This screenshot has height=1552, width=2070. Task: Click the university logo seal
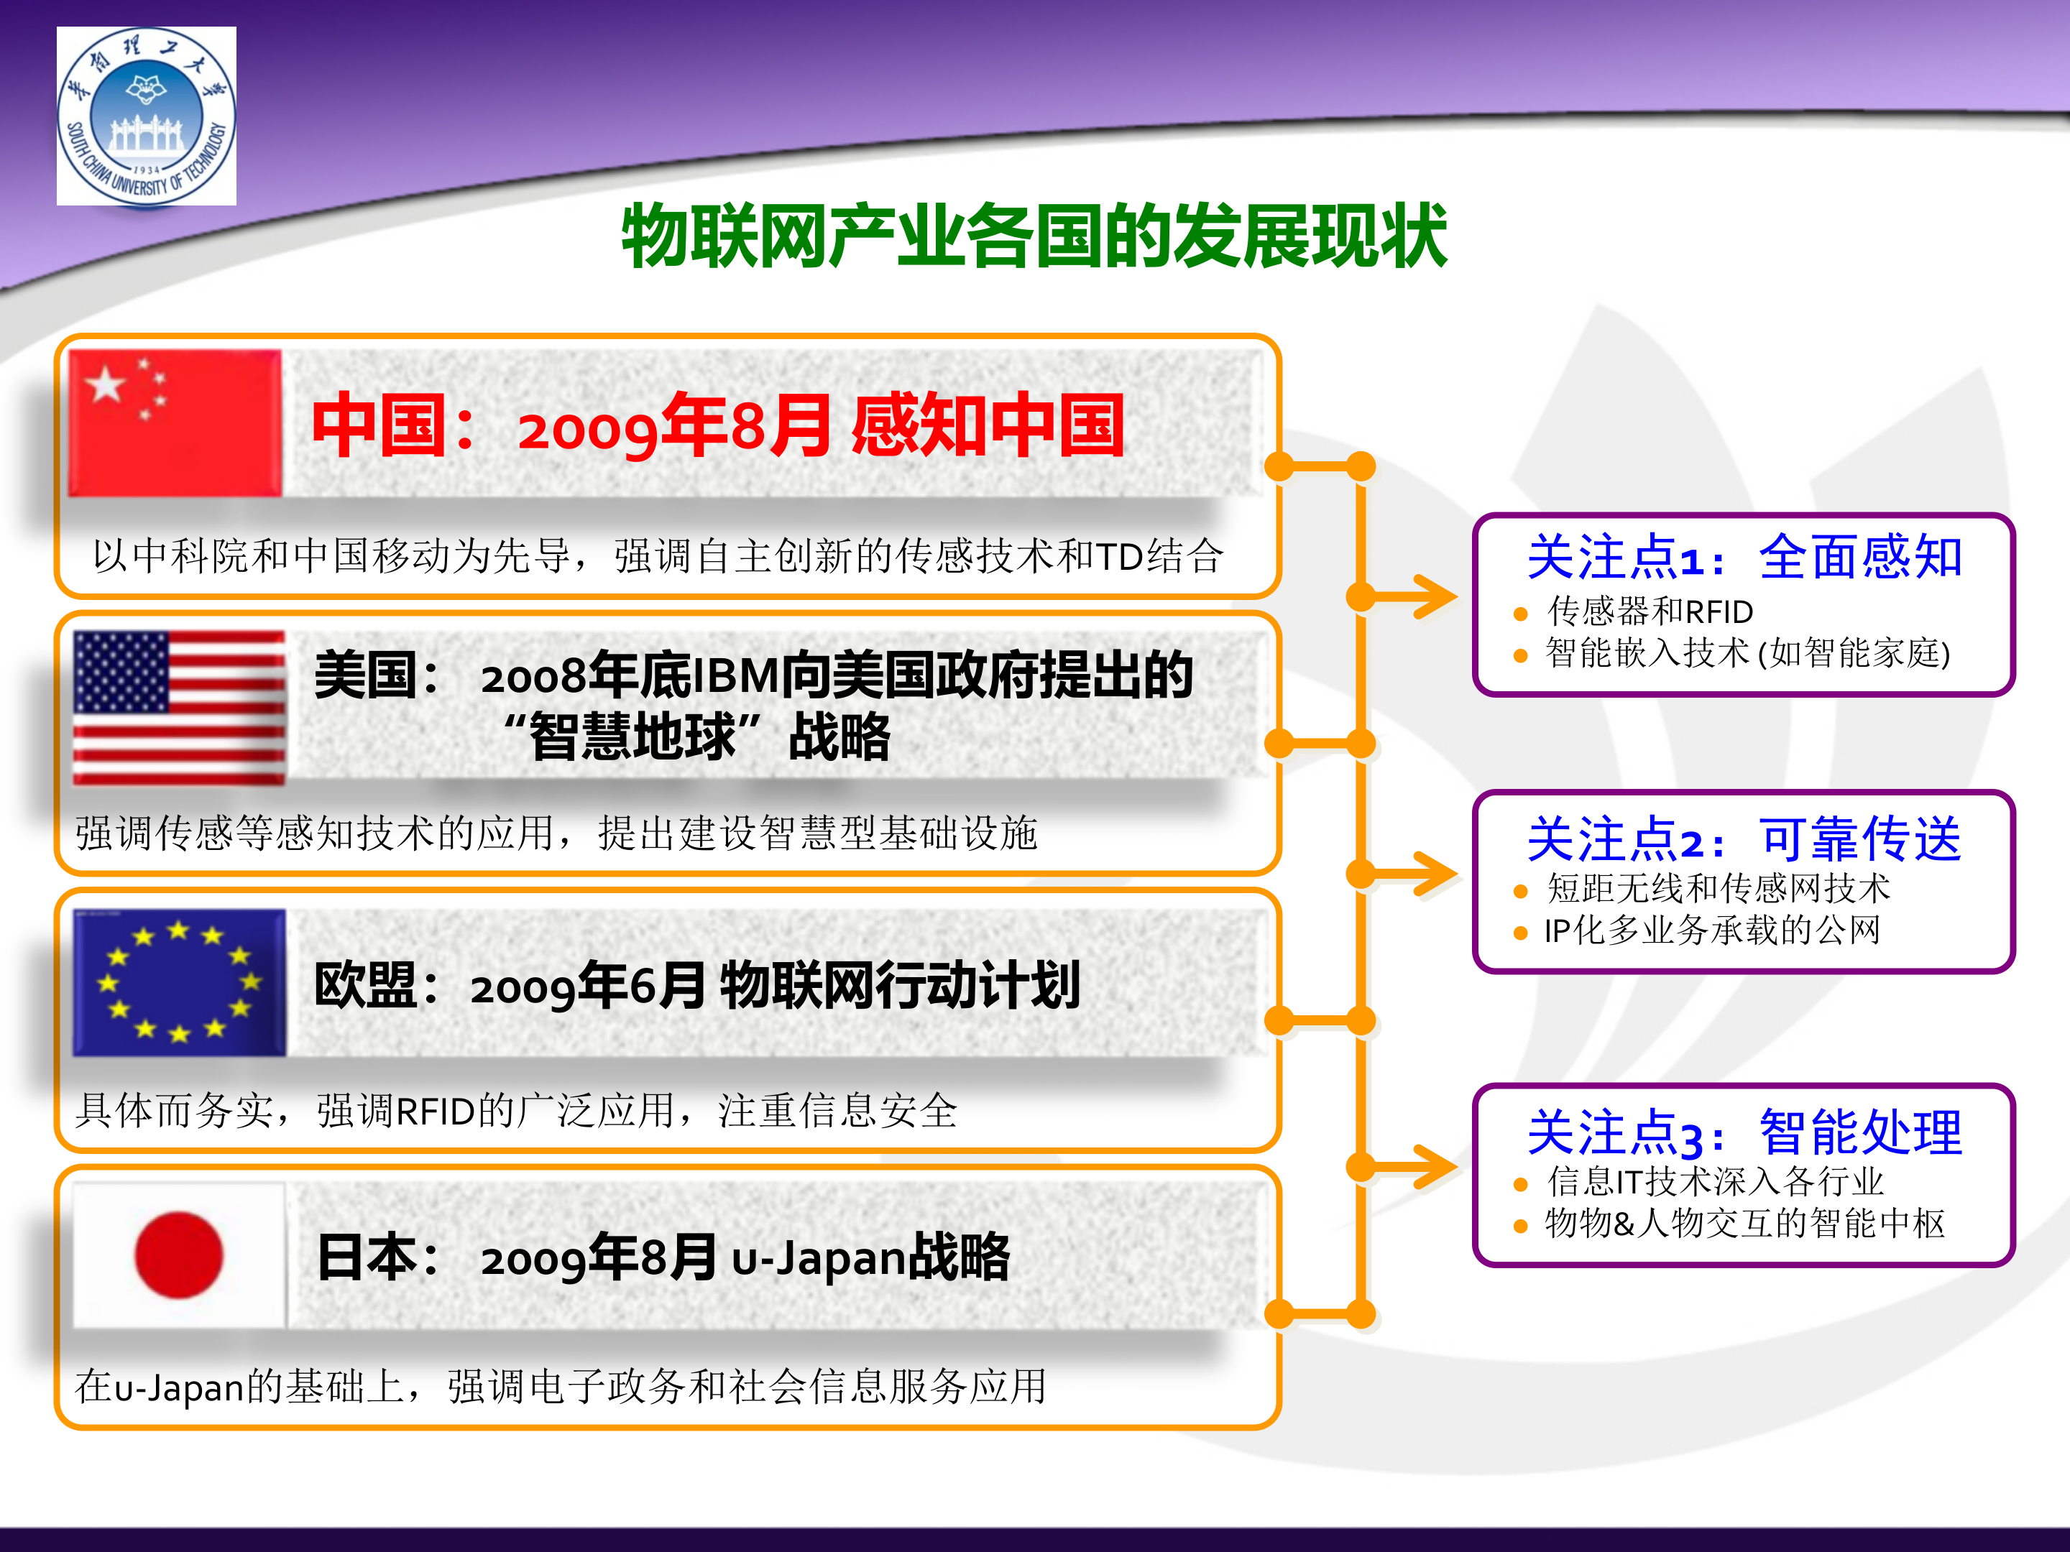(x=146, y=115)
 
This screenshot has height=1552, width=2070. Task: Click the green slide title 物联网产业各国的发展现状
(x=1034, y=236)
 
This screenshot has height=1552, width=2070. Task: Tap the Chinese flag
(x=175, y=422)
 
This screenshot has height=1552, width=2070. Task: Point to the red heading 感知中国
(x=988, y=425)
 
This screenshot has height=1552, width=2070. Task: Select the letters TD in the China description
(x=1118, y=557)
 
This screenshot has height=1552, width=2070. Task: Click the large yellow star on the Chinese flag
(x=106, y=384)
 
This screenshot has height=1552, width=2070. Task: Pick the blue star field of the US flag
(x=121, y=672)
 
